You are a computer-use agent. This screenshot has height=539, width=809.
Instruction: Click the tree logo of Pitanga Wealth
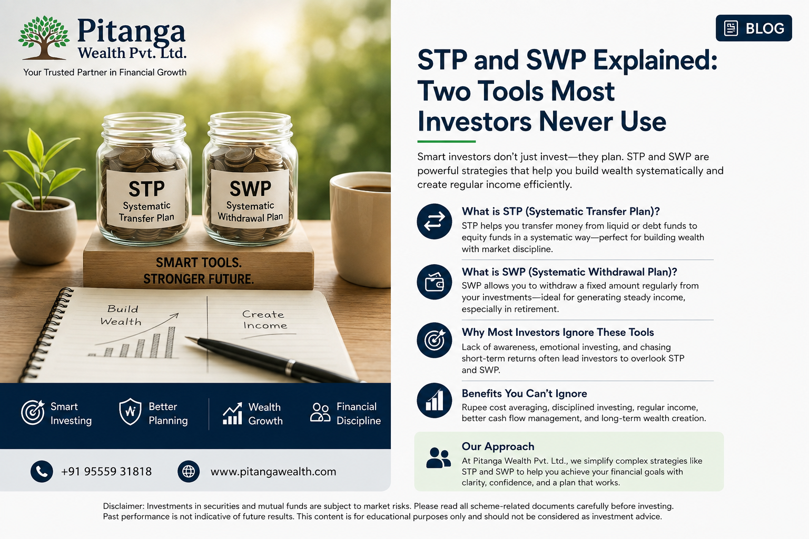click(x=43, y=37)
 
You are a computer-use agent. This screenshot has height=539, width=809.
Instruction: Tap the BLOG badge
click(x=754, y=28)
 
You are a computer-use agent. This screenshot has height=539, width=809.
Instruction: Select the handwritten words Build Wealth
click(x=121, y=315)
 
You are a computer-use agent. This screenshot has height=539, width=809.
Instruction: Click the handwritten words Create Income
click(x=265, y=320)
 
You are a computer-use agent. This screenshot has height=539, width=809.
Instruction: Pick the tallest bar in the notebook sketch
click(x=170, y=342)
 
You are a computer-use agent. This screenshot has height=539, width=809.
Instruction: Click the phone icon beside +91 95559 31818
click(x=42, y=472)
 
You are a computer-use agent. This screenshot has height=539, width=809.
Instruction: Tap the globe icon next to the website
click(x=189, y=472)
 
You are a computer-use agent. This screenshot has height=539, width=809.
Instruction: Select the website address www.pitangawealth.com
click(x=273, y=472)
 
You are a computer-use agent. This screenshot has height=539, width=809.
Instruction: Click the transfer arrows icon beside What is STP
click(x=435, y=221)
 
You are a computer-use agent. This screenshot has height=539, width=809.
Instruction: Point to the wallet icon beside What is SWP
click(x=435, y=282)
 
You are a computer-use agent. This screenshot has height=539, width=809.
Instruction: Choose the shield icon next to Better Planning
click(x=130, y=412)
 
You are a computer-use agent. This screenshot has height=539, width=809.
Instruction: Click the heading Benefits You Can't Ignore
click(x=525, y=393)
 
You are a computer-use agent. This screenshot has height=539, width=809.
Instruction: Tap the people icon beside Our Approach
click(x=438, y=458)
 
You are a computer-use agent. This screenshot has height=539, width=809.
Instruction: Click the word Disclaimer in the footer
click(x=123, y=506)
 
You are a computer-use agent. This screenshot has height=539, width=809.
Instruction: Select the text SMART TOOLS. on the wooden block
click(x=199, y=263)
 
